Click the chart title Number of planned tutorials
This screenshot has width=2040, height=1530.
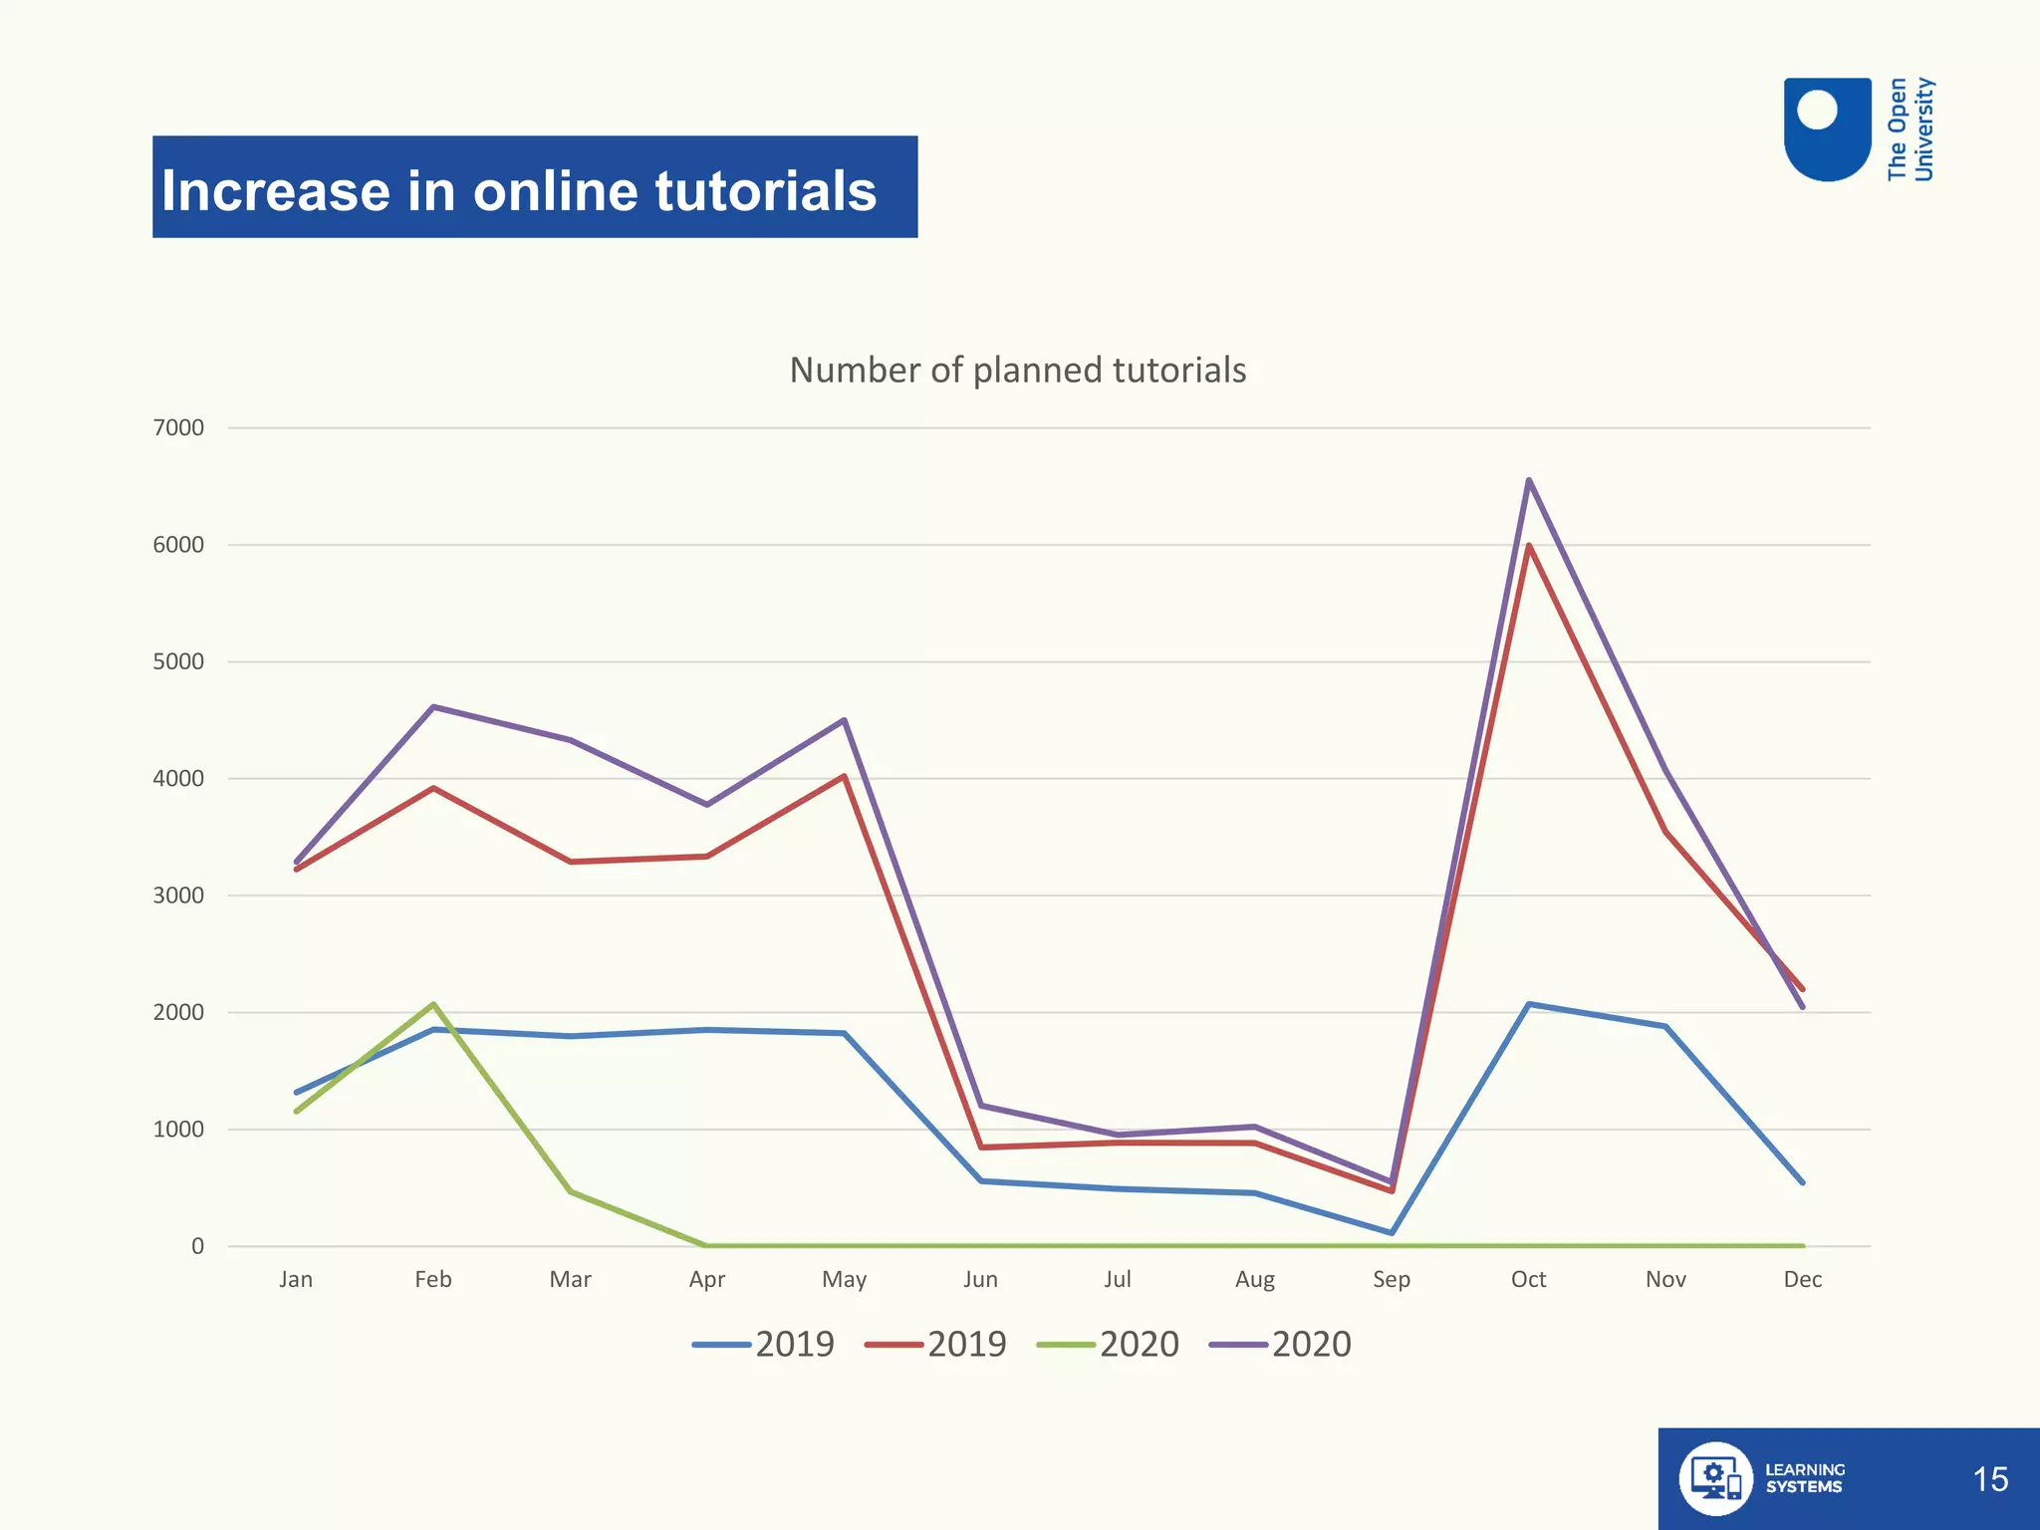click(x=1017, y=371)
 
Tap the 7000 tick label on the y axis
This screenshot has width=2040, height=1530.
click(x=178, y=428)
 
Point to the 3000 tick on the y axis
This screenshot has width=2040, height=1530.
click(x=178, y=895)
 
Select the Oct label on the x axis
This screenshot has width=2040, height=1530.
click(x=1528, y=1280)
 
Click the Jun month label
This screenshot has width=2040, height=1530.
click(x=980, y=1280)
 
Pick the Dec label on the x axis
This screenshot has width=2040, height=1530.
click(x=1802, y=1280)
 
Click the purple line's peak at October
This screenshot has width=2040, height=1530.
click(x=1528, y=480)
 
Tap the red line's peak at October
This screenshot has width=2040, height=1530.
click(x=1528, y=546)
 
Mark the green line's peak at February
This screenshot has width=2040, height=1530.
click(x=433, y=1004)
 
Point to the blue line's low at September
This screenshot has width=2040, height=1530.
click(x=1392, y=1233)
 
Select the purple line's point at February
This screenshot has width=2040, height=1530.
click(x=433, y=707)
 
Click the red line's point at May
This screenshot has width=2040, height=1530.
click(x=844, y=776)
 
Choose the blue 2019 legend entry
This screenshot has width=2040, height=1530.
click(x=764, y=1345)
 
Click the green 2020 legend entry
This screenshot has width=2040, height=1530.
click(x=1108, y=1345)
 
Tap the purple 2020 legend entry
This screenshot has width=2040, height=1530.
click(x=1281, y=1345)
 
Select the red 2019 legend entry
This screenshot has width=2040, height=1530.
click(x=936, y=1345)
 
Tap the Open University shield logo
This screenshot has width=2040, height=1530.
click(x=1827, y=129)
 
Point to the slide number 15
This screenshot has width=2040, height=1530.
click(x=1989, y=1479)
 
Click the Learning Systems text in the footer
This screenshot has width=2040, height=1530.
click(x=1804, y=1478)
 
